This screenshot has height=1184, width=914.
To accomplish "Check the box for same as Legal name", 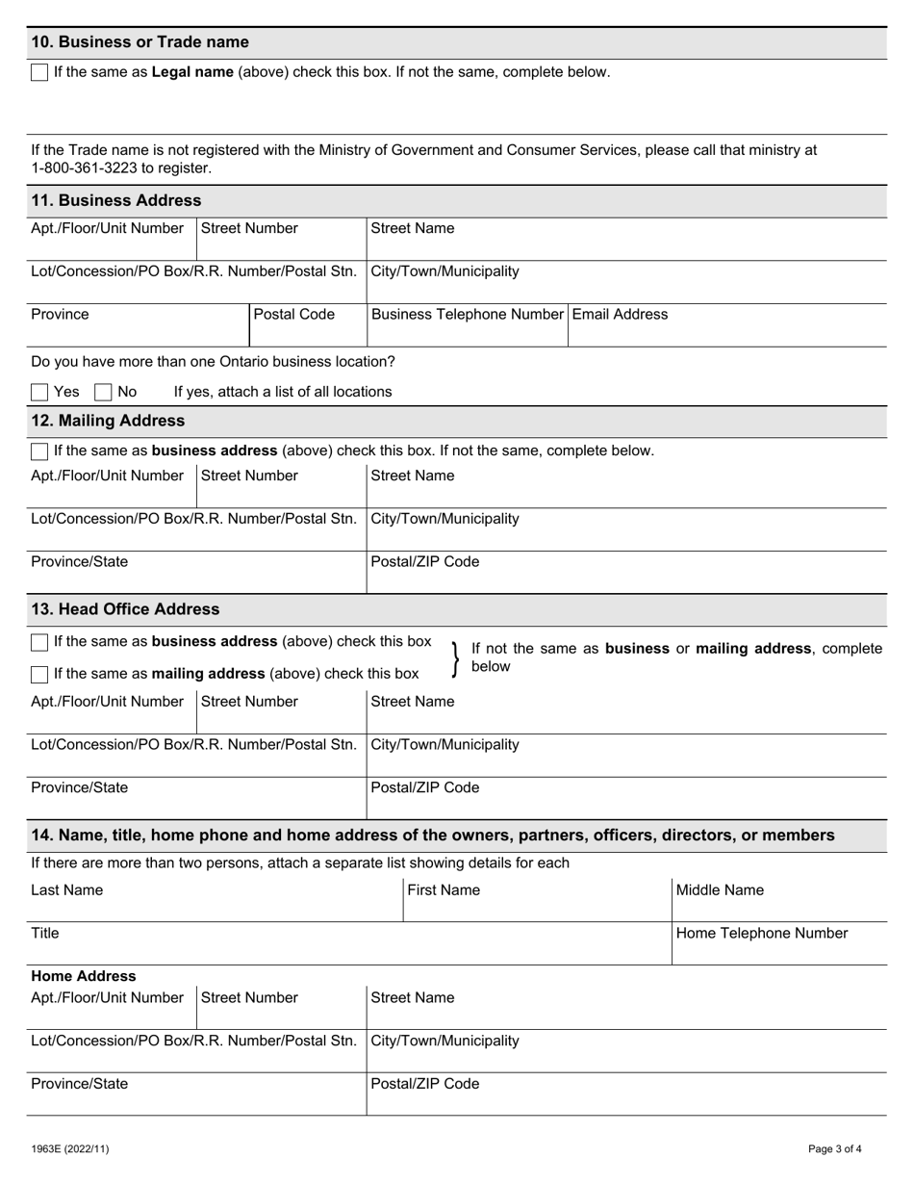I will [x=39, y=73].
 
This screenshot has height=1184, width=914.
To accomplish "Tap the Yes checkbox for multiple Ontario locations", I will [x=39, y=393].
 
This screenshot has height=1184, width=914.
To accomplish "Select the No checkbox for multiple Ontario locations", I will [x=104, y=393].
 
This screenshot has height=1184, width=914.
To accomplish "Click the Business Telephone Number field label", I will [x=467, y=315].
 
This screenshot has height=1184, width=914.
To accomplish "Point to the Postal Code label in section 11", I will [x=294, y=315].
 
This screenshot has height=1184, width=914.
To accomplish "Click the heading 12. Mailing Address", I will [x=108, y=422].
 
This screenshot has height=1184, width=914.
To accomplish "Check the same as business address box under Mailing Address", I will [x=39, y=451].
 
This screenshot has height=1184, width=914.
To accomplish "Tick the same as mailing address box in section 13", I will [x=39, y=675].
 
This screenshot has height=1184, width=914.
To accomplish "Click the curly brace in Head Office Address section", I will [x=455, y=658].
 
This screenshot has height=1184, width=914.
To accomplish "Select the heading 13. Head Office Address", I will [x=125, y=610].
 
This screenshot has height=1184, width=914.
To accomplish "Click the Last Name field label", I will [x=66, y=890].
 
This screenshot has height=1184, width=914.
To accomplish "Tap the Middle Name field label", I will [x=720, y=890].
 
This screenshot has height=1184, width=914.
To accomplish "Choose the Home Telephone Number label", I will [x=762, y=934].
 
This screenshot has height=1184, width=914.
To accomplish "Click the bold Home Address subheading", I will [x=84, y=976].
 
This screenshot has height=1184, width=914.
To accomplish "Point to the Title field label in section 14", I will [x=45, y=934].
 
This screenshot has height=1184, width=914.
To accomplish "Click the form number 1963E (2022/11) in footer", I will [x=70, y=1149].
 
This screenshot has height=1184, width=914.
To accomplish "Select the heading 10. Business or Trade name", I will [x=140, y=42].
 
